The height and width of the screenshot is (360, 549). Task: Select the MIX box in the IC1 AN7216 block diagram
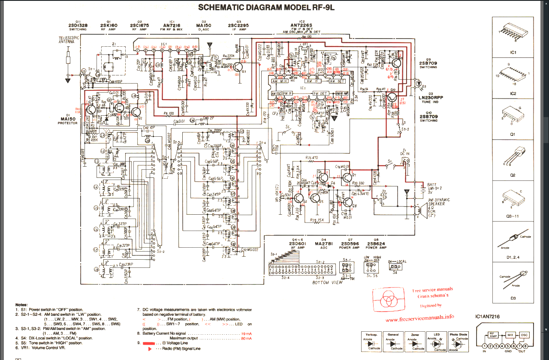click(x=510, y=335)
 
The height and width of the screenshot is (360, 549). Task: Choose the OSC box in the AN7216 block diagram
click(x=524, y=335)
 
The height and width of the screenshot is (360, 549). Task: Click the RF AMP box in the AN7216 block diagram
click(x=493, y=335)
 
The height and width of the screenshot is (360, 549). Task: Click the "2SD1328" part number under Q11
click(x=78, y=26)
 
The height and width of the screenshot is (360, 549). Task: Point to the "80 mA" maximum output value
click(x=246, y=339)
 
